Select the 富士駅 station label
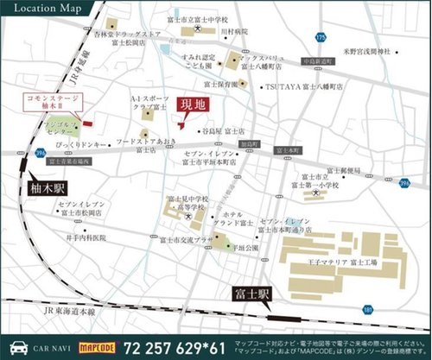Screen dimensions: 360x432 pyautogui.click(x=252, y=294)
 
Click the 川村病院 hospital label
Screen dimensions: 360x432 pyautogui.click(x=235, y=31)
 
